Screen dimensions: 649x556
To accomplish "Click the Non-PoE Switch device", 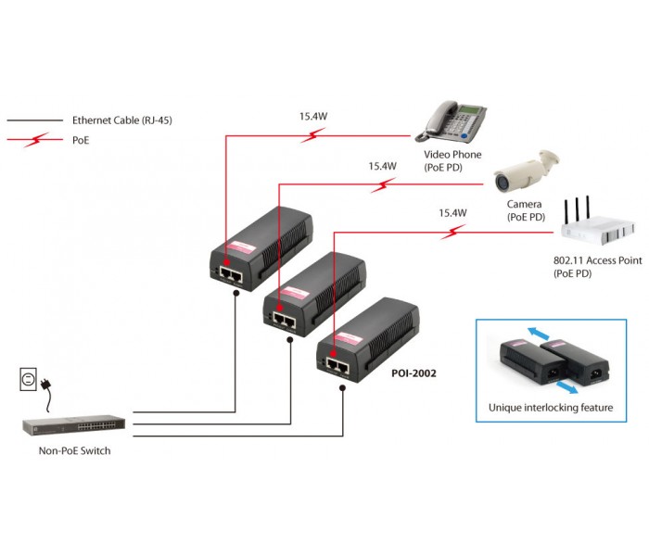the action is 73,424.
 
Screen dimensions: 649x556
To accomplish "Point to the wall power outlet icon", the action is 28,379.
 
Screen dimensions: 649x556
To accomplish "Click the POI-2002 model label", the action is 414,373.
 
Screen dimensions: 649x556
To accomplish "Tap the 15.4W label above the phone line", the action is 313,116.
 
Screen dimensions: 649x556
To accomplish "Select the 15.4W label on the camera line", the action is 382,166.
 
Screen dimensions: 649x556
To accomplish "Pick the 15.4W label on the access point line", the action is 452,212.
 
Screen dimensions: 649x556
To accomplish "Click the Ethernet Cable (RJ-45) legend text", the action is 122,120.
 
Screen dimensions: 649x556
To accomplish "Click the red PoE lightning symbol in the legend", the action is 36,140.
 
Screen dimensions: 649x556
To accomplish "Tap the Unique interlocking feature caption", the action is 551,408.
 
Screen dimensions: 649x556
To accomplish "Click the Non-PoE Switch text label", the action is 74,450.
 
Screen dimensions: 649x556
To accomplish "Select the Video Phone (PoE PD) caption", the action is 452,160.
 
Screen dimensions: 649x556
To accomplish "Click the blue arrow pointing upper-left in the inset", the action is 538,333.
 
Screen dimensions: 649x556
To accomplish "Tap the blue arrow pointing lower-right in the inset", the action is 567,387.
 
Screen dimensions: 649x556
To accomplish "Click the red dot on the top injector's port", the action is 227,262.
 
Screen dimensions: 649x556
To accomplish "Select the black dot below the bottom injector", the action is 343,388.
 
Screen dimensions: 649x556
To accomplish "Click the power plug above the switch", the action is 46,385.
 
